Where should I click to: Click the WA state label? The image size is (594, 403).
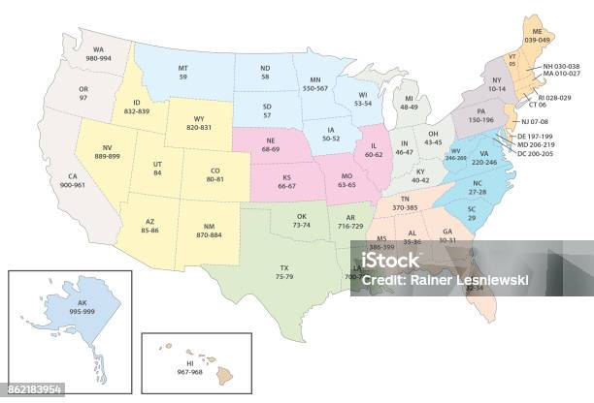pos(98,48)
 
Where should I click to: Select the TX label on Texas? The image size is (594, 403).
pos(283,266)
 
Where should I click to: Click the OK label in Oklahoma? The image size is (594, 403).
pos(301,216)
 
